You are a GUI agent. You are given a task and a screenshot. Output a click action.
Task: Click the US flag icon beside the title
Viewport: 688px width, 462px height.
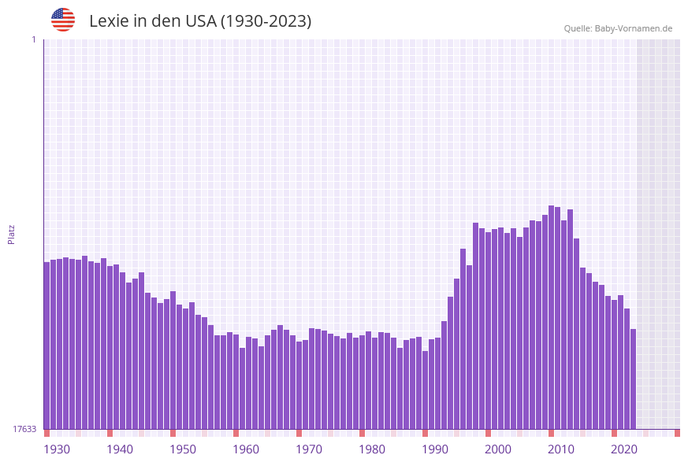pos(63,20)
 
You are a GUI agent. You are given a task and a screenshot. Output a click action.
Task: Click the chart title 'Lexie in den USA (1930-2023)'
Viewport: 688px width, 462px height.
pos(200,21)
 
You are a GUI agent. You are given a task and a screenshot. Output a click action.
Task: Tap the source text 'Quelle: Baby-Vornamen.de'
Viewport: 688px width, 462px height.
pos(618,28)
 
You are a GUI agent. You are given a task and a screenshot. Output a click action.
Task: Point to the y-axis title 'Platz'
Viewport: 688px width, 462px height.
pos(12,234)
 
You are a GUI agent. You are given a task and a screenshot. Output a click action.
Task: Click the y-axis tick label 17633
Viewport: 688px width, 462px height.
pos(24,429)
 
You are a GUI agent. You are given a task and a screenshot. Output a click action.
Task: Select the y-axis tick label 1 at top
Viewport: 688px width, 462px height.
pos(33,39)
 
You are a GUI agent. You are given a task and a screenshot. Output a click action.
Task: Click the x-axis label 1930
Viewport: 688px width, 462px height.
pos(57,449)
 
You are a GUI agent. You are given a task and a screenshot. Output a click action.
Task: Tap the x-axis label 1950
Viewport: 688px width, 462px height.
pos(183,449)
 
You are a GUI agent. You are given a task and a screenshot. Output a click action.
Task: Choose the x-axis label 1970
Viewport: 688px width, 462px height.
pos(309,449)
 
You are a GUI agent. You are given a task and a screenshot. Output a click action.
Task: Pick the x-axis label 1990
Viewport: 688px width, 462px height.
pos(435,449)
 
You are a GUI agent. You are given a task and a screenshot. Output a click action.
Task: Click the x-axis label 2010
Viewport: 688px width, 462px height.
pos(561,449)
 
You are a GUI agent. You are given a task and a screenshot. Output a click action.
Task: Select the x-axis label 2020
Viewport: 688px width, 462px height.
pos(624,449)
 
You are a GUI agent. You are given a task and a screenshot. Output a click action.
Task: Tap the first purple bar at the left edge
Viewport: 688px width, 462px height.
pos(46,346)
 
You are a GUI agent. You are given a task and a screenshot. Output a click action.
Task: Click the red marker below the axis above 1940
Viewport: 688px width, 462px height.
pos(110,433)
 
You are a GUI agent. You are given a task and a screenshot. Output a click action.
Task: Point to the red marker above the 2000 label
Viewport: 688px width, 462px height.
pos(488,433)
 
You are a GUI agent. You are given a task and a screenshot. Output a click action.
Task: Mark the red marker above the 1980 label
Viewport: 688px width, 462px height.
pos(362,433)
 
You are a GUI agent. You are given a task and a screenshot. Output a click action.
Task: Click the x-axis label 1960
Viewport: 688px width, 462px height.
pos(246,449)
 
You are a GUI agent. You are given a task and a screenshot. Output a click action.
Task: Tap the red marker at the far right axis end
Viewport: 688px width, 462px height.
pos(677,433)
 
